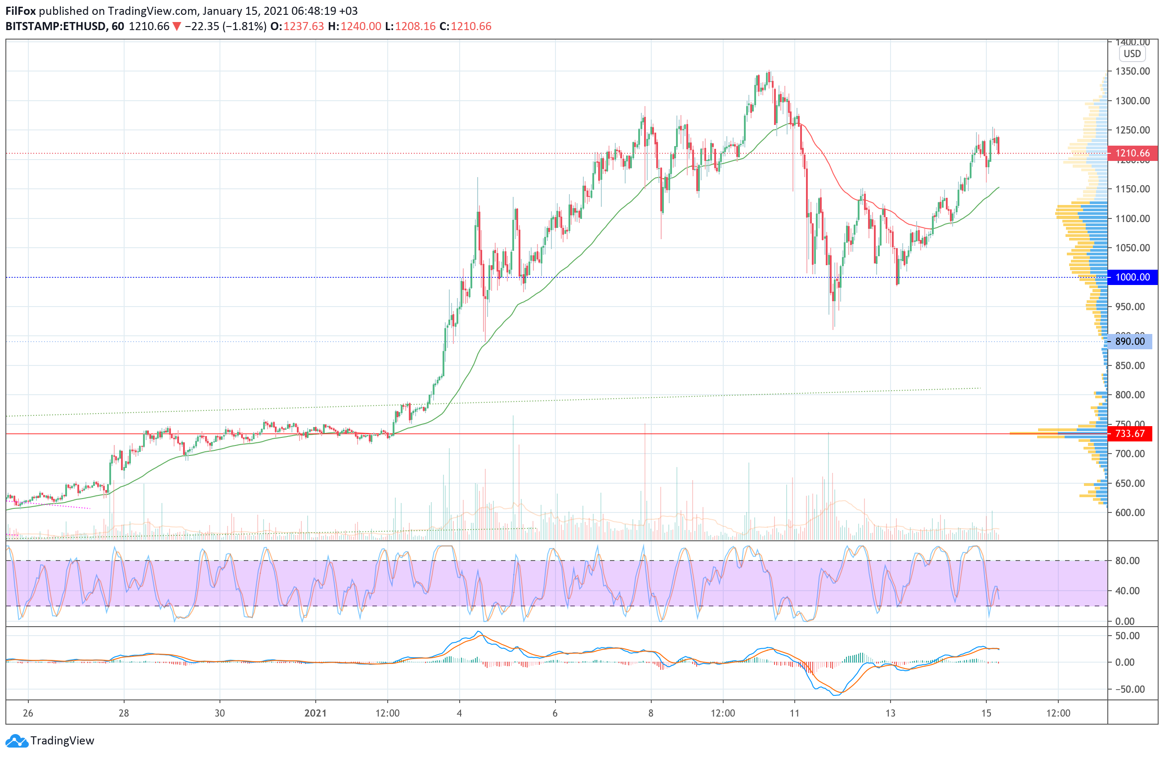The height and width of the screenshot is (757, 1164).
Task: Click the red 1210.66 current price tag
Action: coord(1132,153)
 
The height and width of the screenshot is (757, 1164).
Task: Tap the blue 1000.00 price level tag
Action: coord(1132,277)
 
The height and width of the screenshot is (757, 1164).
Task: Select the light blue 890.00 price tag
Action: coord(1129,341)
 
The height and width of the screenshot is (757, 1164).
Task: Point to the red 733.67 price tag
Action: coord(1129,433)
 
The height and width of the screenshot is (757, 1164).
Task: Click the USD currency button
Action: coord(1132,54)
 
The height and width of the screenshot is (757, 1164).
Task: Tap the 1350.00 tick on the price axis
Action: coord(1132,71)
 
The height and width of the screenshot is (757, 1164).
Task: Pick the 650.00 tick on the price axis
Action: coord(1130,483)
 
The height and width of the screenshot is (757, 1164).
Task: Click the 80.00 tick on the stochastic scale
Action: coord(1127,561)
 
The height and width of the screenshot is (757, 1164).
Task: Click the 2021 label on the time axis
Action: coord(315,713)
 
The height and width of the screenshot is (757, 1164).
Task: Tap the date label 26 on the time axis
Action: coord(28,713)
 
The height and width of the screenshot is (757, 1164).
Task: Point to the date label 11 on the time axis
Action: coord(794,713)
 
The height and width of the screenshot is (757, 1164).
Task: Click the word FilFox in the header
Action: coord(21,11)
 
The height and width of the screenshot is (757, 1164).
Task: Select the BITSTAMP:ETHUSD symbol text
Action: coord(55,27)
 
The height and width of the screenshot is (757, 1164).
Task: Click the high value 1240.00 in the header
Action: coord(360,27)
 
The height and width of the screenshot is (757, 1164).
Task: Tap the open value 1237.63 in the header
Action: coord(303,27)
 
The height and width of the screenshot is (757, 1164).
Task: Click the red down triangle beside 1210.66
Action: coord(177,27)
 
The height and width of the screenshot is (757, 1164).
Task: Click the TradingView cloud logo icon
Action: coord(17,741)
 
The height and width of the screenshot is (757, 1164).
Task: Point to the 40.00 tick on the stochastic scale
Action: coord(1127,591)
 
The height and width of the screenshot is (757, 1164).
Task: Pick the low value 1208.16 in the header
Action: coord(415,27)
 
